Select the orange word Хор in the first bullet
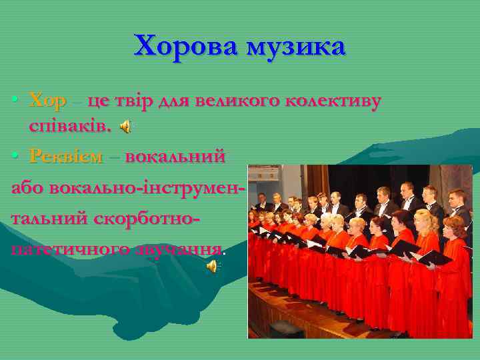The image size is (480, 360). click(47, 101)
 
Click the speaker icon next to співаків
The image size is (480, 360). click(125, 125)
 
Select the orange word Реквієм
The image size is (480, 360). click(66, 157)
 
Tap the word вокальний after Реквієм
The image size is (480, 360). click(175, 157)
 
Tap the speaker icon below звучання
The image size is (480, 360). click(212, 266)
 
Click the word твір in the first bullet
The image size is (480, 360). click(133, 101)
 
